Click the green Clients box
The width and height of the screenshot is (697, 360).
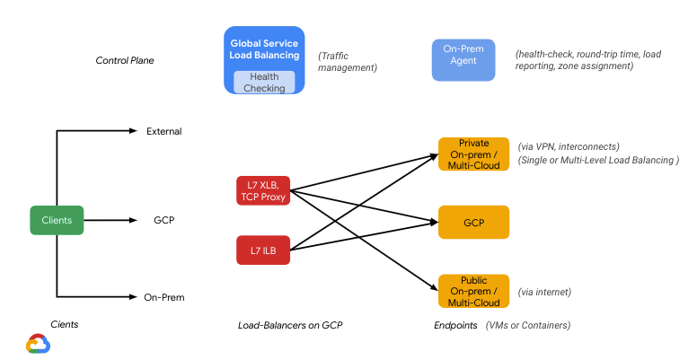(57, 220)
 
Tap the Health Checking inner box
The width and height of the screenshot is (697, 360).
(264, 82)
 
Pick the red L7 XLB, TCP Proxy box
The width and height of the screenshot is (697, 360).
(263, 190)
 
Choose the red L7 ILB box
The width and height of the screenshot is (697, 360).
(263, 250)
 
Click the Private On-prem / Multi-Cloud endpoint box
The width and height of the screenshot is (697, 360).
(473, 154)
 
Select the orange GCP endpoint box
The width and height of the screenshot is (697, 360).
(473, 222)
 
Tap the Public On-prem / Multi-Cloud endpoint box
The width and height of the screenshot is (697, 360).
(473, 291)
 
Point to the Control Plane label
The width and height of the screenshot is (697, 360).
(125, 61)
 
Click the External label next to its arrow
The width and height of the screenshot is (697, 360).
(163, 132)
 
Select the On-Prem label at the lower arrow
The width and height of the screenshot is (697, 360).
(163, 296)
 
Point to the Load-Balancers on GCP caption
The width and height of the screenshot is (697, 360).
(290, 325)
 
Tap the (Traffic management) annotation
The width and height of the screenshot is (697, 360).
(348, 61)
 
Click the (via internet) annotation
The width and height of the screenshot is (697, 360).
(544, 292)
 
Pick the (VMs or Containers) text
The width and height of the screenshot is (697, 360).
(528, 325)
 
